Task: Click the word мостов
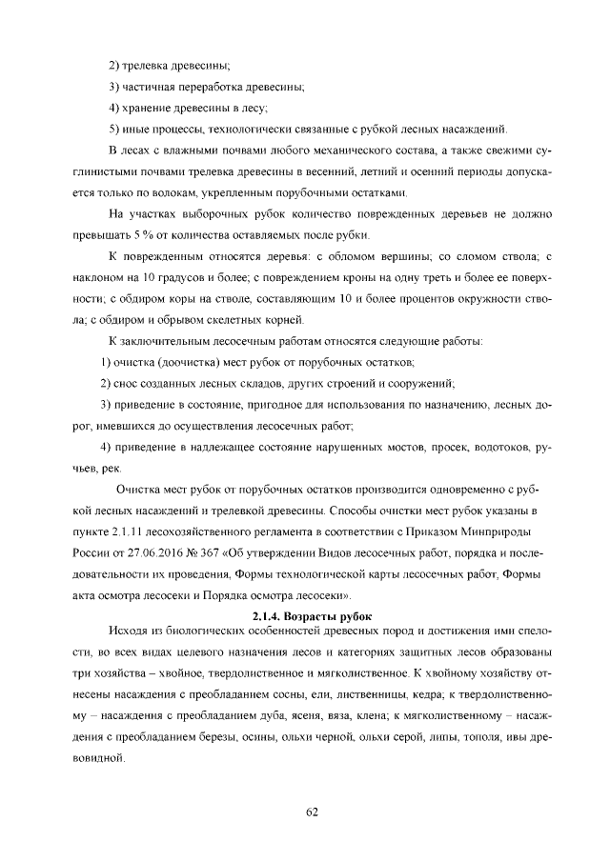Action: (395, 447)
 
